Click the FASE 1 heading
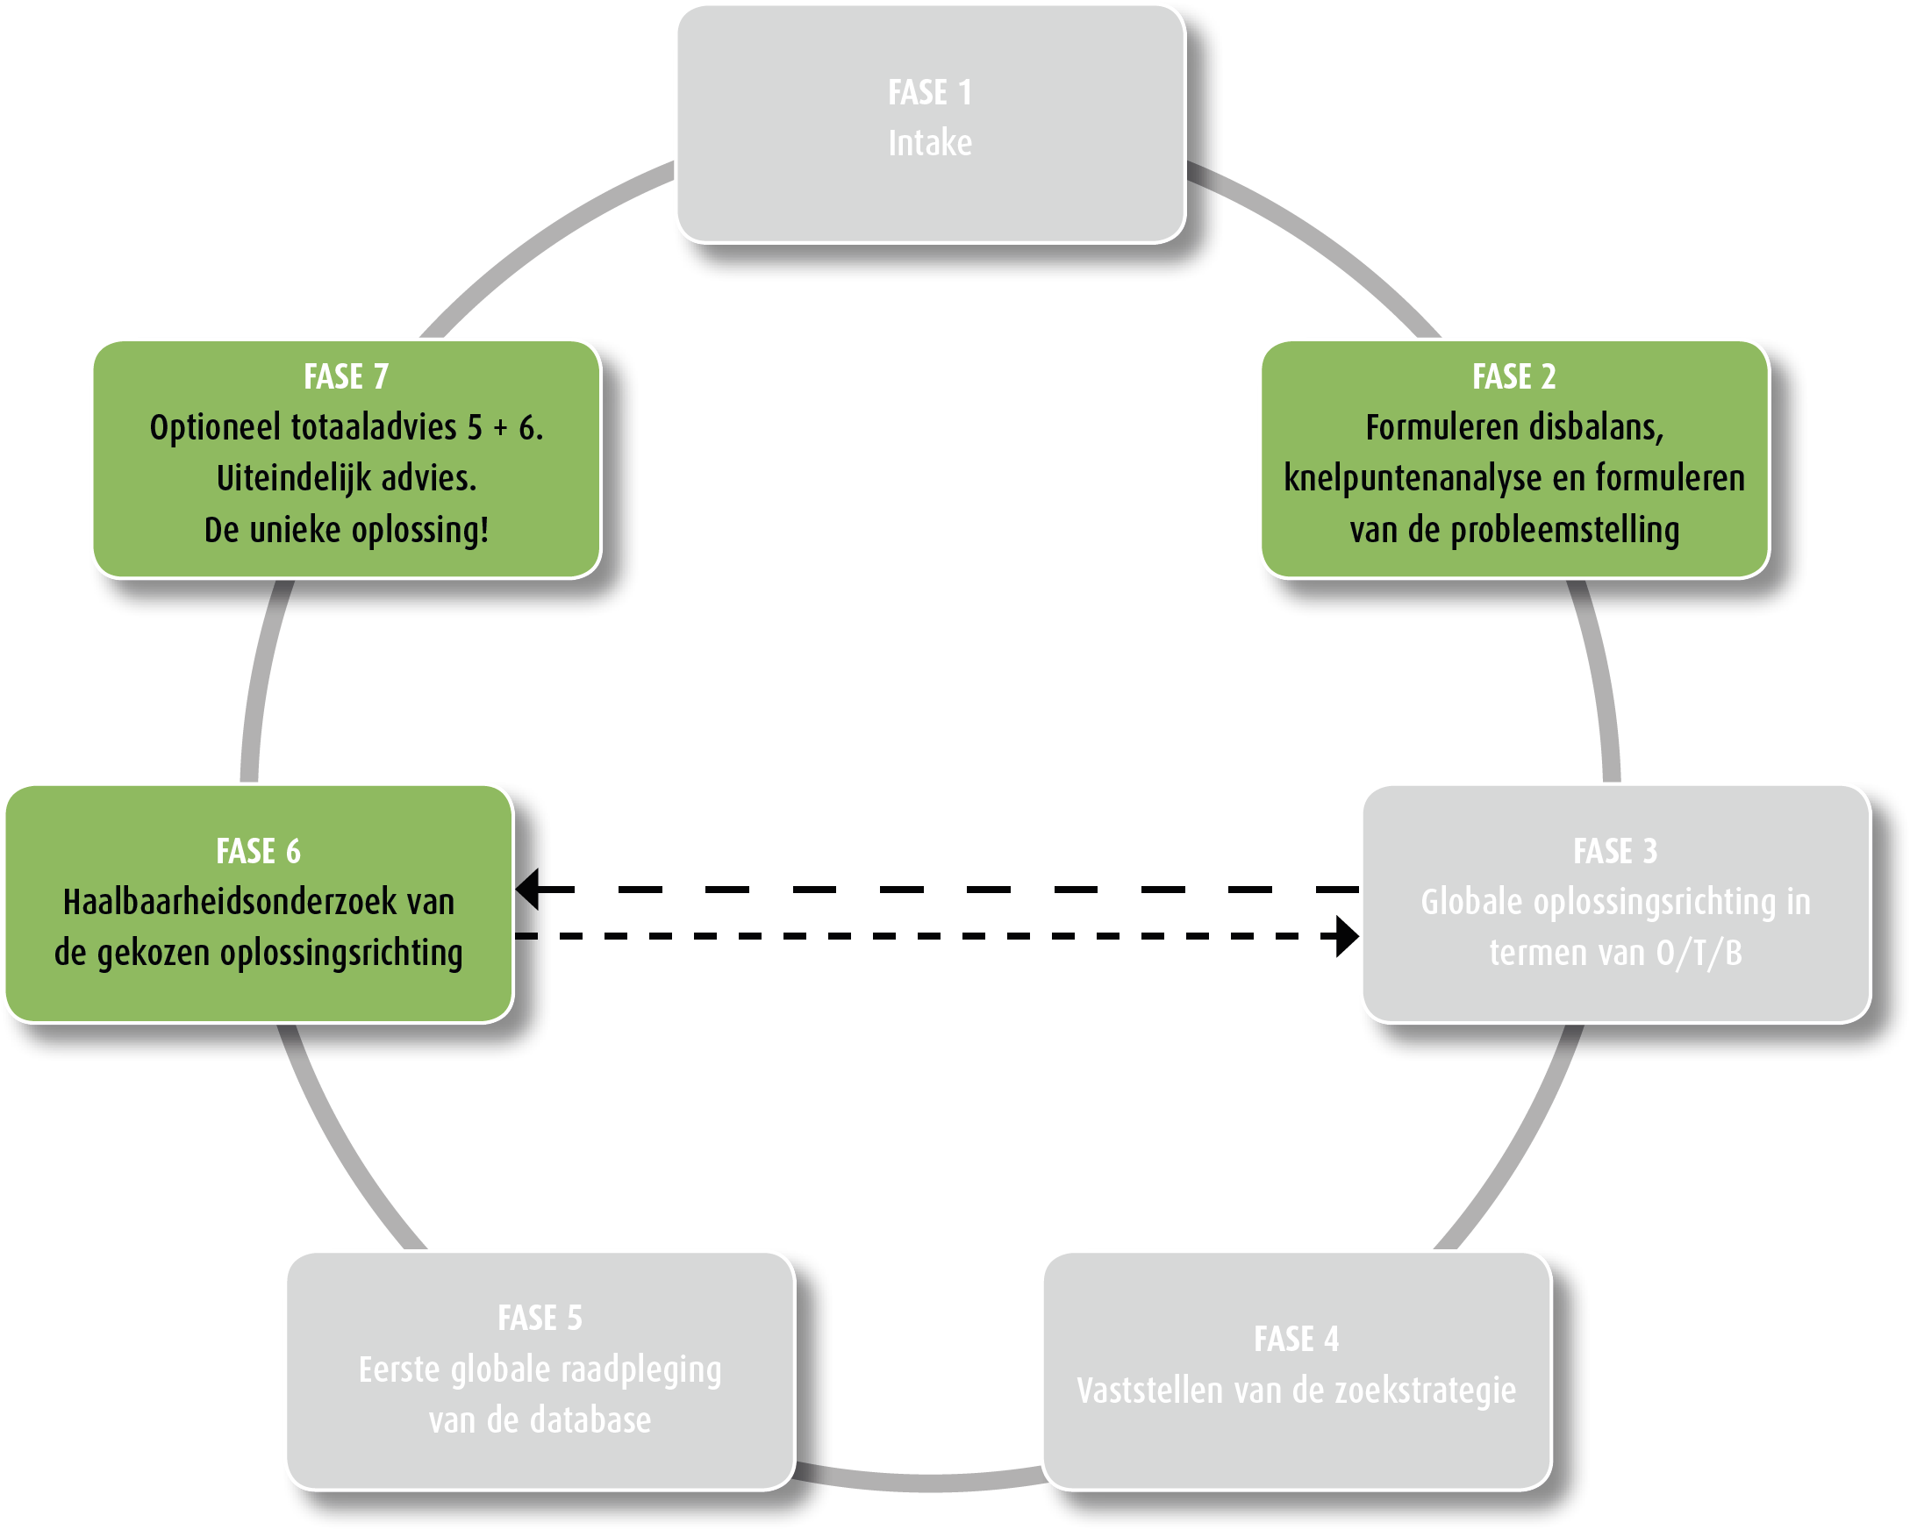(x=929, y=92)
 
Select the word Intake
(x=929, y=143)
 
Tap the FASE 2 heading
(x=1513, y=376)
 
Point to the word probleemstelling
(x=1564, y=530)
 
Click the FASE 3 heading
(x=1614, y=850)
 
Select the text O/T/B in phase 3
(x=1699, y=954)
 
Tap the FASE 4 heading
(x=1296, y=1339)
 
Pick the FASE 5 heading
(x=540, y=1318)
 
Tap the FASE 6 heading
(x=258, y=851)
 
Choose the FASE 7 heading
(x=346, y=376)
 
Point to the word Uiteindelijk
(x=293, y=478)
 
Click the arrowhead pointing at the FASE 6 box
(x=528, y=889)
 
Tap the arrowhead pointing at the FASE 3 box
(x=1347, y=936)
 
